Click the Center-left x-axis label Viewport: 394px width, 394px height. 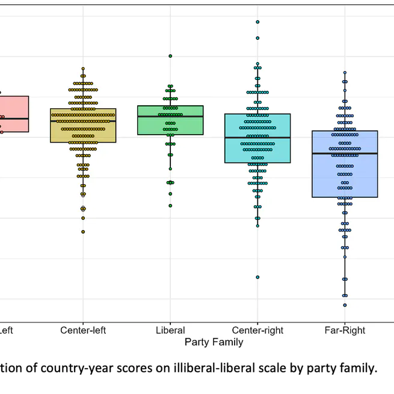83,330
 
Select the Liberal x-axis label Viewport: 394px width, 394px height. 170,330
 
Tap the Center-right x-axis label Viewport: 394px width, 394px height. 257,330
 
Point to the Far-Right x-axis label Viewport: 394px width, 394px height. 345,330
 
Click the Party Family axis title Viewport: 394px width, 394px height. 214,342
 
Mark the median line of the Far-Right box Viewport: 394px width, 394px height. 345,153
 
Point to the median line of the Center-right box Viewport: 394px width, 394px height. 257,138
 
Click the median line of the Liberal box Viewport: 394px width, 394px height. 170,116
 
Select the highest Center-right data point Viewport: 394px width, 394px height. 257,22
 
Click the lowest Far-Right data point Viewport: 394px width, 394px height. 345,305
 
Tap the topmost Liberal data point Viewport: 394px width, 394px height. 170,56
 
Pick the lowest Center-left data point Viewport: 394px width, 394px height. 83,232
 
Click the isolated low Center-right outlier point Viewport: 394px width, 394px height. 257,277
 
